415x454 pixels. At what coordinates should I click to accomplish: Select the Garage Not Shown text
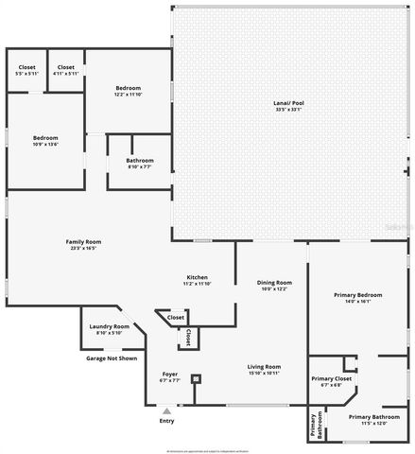[x=112, y=358]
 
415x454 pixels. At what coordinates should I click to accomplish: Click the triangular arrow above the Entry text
[x=166, y=411]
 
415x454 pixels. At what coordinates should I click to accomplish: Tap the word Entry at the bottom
[x=166, y=421]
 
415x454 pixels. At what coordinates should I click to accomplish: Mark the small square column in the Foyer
[x=196, y=378]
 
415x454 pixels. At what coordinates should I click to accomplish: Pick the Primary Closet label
[x=331, y=381]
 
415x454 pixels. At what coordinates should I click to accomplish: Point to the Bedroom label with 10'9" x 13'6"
[x=45, y=141]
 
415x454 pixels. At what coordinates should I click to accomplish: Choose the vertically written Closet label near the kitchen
[x=188, y=337]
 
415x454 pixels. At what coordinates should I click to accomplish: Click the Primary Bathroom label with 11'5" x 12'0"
[x=372, y=420]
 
